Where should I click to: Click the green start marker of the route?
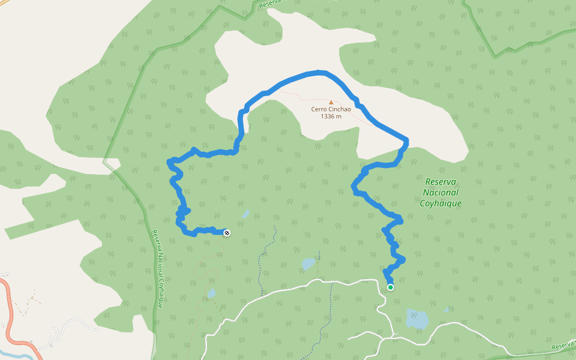pos(391,287)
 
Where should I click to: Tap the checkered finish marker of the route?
pos(227,232)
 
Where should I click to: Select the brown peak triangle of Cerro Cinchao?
pos(331,102)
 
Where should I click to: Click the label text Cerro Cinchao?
pos(331,109)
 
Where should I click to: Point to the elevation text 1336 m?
pos(331,116)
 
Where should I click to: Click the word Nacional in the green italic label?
pos(441,193)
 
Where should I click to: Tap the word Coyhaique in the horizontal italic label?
pos(441,203)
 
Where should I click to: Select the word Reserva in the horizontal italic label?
pos(441,182)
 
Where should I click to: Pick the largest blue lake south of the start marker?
pos(417,319)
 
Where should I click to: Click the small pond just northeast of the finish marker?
pos(245,214)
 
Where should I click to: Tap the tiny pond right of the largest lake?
pos(446,310)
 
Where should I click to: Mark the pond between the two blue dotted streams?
pos(308,263)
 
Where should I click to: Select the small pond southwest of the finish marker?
pos(211,293)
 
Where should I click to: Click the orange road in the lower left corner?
pos(9,312)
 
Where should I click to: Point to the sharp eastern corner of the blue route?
pos(406,142)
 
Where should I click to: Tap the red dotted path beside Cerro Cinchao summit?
pos(300,95)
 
